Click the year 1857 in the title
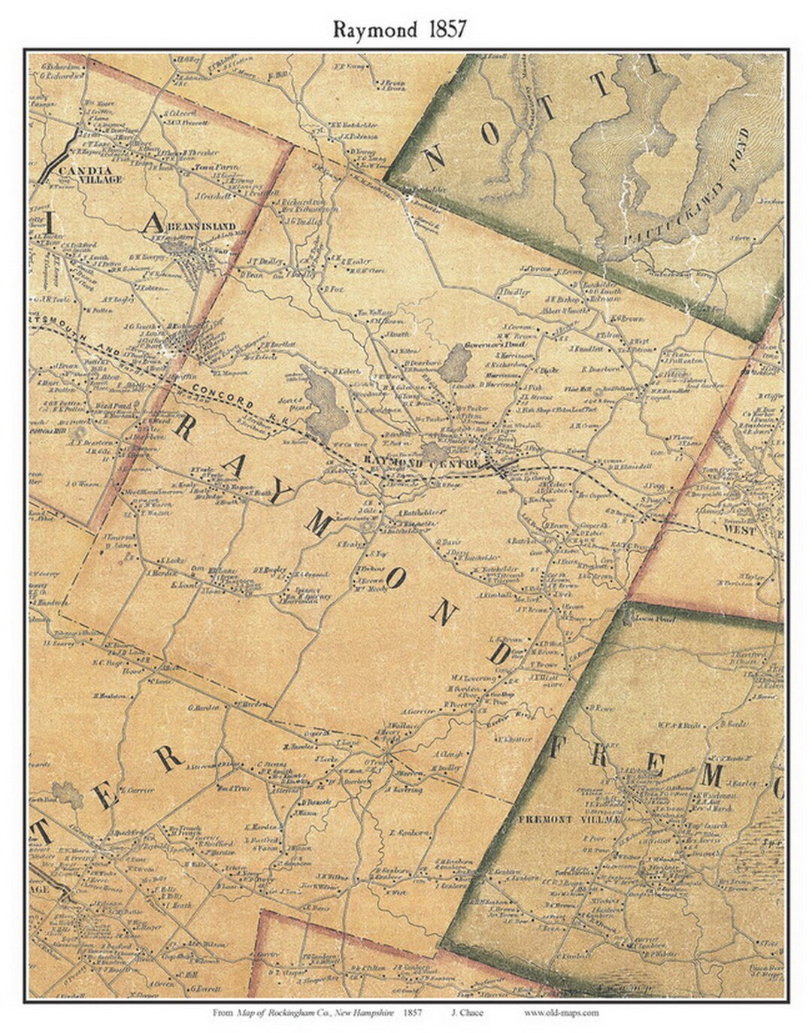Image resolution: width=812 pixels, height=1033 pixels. pyautogui.click(x=447, y=29)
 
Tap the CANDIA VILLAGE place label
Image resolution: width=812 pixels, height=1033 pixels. pyautogui.click(x=92, y=176)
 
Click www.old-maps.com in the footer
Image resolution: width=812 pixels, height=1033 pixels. pyautogui.click(x=561, y=1013)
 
